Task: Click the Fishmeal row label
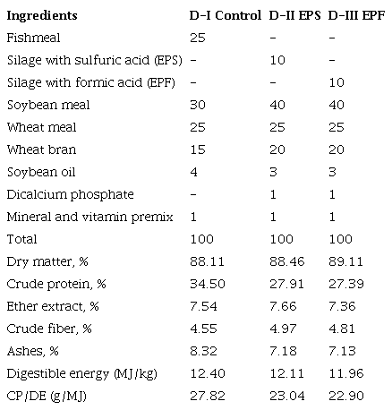coord(30,38)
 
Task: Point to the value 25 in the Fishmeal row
coord(198,38)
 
